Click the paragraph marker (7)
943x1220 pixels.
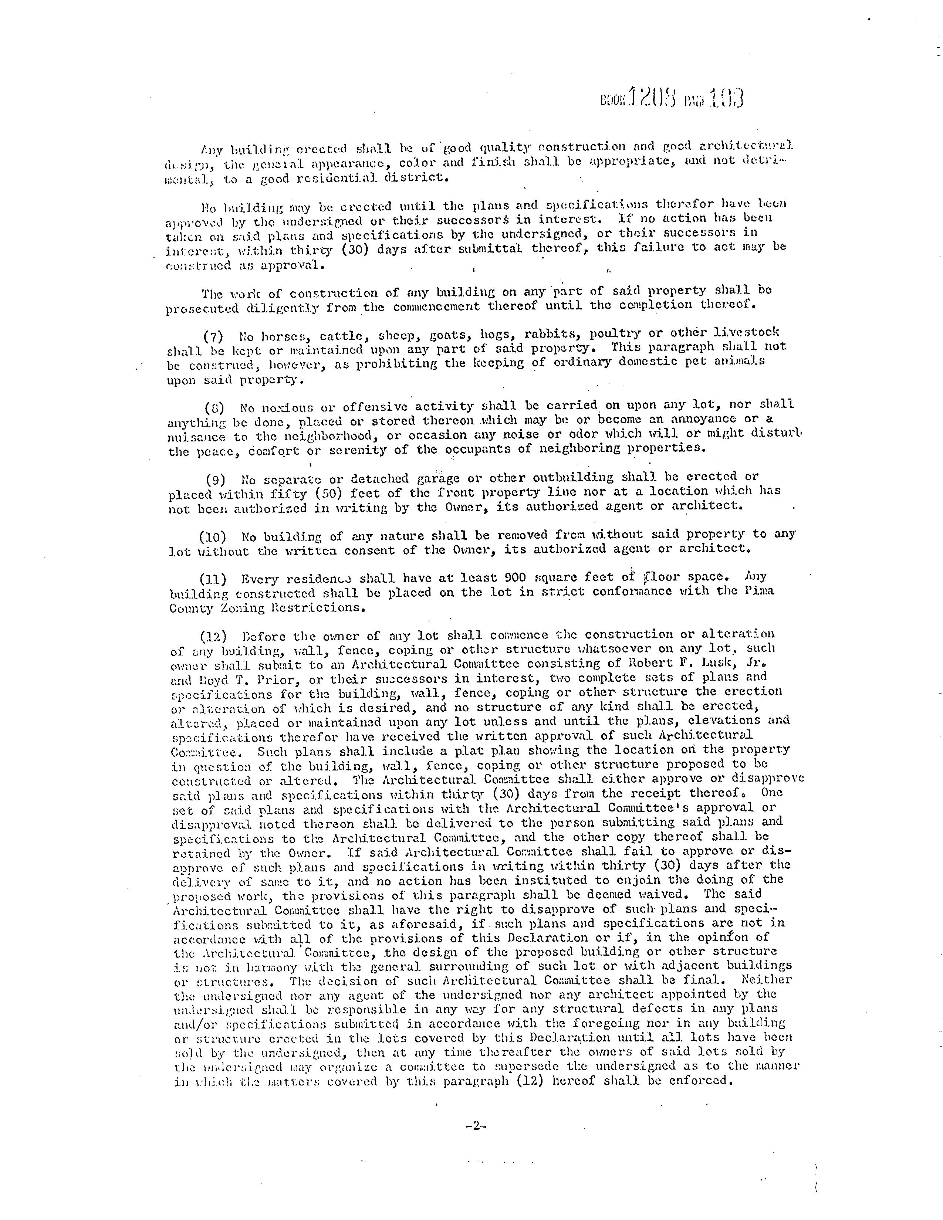point(213,337)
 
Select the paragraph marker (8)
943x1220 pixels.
point(214,408)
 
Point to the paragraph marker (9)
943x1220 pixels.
point(216,479)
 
